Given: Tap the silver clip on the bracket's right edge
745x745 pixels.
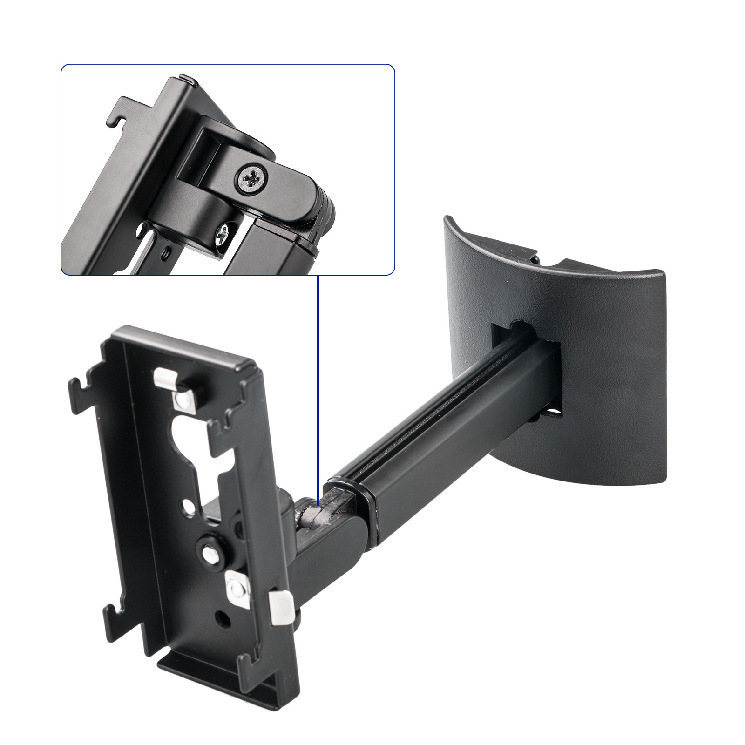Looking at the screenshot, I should tap(281, 607).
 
